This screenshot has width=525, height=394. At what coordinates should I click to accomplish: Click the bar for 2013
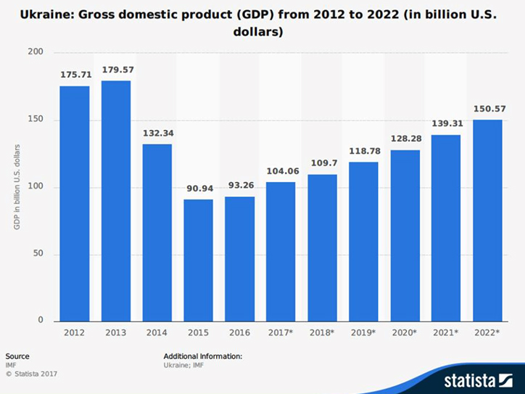coord(116,201)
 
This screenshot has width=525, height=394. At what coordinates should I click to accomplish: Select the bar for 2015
coord(198,260)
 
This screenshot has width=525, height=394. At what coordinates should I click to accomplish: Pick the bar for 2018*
coord(322,247)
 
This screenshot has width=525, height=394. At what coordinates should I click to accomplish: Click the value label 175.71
coord(75,74)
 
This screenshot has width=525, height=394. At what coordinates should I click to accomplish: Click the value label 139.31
coord(446,123)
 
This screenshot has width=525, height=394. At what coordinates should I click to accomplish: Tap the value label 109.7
coord(322,163)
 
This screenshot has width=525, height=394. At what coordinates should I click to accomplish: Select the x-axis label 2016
coord(239,333)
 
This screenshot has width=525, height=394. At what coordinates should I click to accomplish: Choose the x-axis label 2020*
coord(405,333)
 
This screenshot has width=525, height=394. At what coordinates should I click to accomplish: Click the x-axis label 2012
coord(75,333)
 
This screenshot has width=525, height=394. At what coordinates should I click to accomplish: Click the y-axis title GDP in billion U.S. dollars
coord(16,187)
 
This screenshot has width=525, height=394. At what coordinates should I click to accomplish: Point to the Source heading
coord(17,356)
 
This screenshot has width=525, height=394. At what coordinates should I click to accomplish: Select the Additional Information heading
coord(203,356)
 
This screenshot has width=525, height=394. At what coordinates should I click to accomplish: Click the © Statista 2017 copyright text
coord(31,374)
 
